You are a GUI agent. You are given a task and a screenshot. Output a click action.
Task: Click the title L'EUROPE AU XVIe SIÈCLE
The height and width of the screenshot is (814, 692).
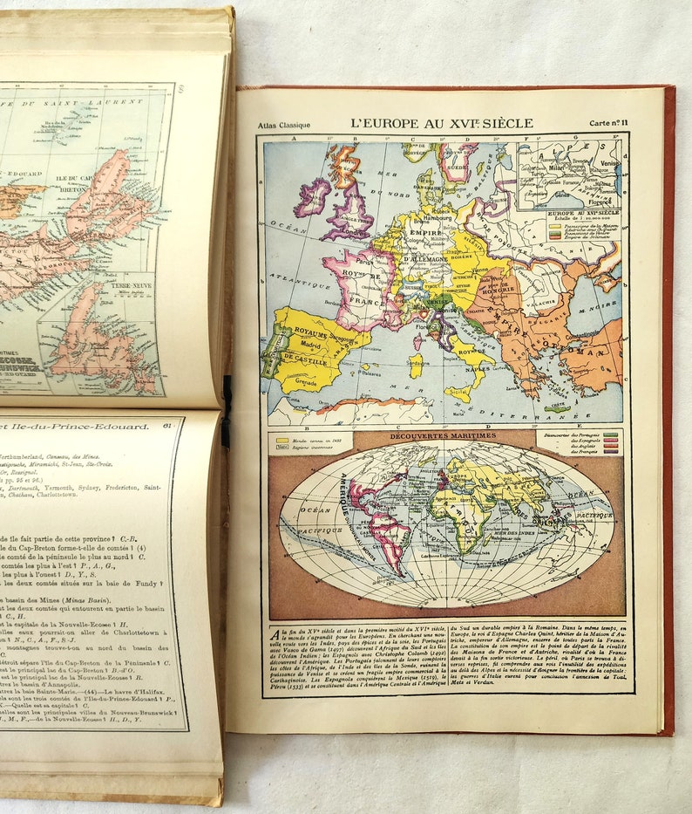(441, 123)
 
